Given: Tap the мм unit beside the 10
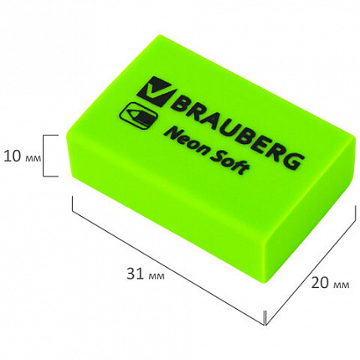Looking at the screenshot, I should (x=33, y=155).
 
